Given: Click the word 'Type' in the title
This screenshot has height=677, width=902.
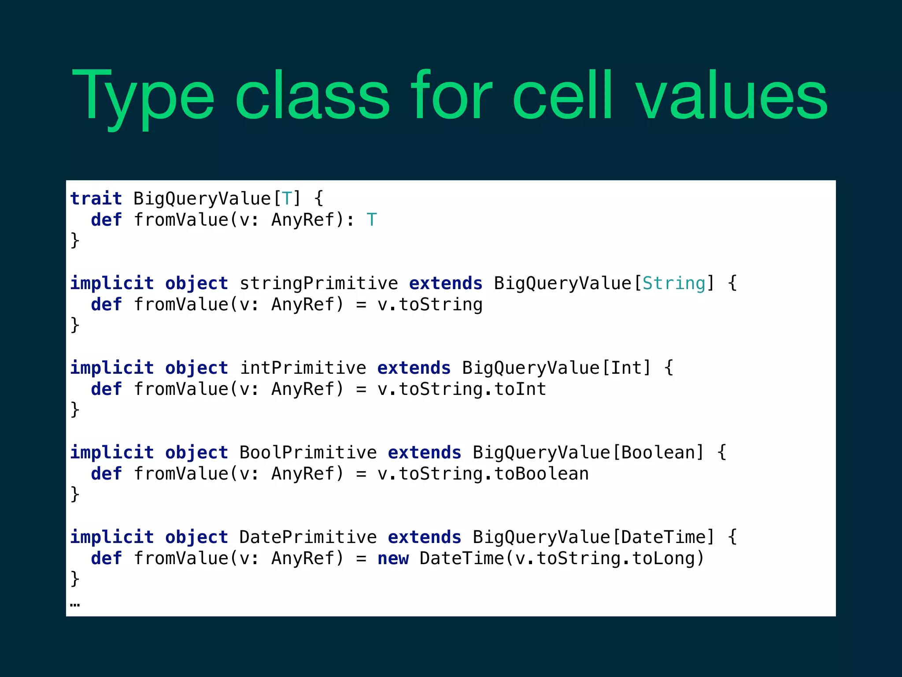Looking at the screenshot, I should coord(143,97).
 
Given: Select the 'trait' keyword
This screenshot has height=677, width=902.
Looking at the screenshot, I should coord(96,198).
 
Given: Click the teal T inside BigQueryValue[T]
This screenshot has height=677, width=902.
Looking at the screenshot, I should coord(287,198).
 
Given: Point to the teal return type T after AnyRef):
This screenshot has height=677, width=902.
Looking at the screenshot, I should coord(372,219).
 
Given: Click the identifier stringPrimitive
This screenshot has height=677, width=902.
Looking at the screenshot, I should coord(318,283).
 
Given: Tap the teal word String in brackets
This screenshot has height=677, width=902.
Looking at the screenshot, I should coord(674,283).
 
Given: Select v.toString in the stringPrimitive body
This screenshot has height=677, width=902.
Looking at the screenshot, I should coord(430,305).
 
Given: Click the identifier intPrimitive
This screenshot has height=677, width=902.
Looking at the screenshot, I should coord(303,368).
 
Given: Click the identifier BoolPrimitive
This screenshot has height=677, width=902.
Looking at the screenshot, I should coord(308,452).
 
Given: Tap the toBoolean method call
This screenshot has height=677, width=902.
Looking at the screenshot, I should coord(541,474).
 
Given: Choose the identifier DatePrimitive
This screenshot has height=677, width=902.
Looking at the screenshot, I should coord(308,537).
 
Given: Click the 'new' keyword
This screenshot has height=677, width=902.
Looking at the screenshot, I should coord(393,558).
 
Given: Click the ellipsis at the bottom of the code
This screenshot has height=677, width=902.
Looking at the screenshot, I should coord(75,604).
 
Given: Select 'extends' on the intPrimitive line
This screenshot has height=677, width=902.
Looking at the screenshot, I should coord(414,368).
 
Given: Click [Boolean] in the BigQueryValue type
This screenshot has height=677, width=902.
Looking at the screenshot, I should coord(658,452).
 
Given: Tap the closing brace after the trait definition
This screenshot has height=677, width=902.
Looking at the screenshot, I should coord(75,241).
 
